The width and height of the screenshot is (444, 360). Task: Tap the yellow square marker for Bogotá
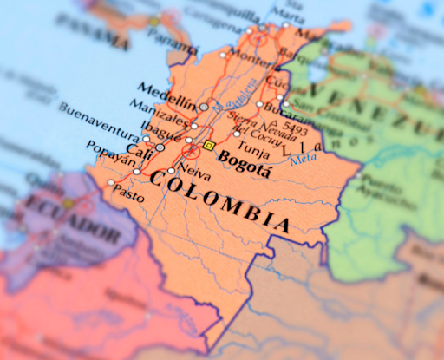(209, 145)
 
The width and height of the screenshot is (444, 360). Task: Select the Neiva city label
(193, 172)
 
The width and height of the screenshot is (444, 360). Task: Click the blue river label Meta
(303, 158)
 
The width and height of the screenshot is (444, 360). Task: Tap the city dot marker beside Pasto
(110, 183)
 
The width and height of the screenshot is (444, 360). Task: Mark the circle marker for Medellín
(204, 107)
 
